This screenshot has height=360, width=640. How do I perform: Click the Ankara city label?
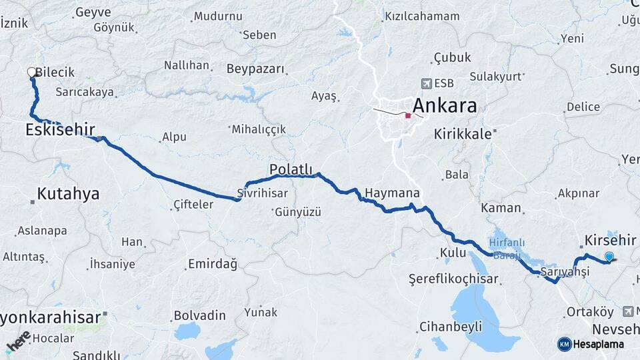[x=445, y=106]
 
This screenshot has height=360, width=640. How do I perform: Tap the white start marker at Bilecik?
[x=31, y=72]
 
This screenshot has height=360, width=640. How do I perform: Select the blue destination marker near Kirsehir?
[x=609, y=257]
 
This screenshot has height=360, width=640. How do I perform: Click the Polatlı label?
[x=291, y=169]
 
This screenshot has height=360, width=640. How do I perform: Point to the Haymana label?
[x=392, y=193]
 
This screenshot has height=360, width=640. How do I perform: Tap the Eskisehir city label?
[x=60, y=129]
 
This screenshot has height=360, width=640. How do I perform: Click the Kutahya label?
[x=68, y=194]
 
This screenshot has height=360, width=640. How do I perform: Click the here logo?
[x=19, y=341]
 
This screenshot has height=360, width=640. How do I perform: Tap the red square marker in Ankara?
[x=407, y=115]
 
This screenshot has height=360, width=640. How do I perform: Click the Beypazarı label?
[x=255, y=69]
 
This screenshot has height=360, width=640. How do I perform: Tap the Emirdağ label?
[x=213, y=264]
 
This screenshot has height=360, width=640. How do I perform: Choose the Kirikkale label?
[x=463, y=133]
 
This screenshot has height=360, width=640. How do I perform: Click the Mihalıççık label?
[x=259, y=129]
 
